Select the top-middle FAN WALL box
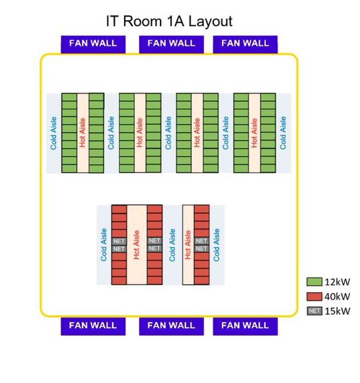(171, 43)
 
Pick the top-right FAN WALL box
(245, 43)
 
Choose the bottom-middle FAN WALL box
(171, 326)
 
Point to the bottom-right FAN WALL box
(245, 326)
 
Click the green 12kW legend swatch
(314, 282)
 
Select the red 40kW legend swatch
(314, 296)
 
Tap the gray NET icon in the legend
(314, 311)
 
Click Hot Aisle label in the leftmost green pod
(83, 133)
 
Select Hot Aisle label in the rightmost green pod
(254, 133)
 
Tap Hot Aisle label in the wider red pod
(136, 245)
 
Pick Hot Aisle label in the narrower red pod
(188, 245)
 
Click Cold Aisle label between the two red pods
(171, 245)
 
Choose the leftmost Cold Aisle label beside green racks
(54, 133)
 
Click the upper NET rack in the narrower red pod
(201, 241)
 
